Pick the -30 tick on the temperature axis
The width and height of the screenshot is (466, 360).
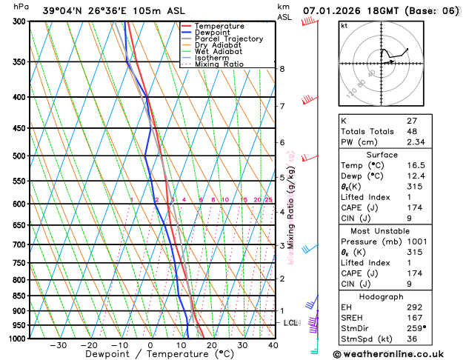tap(58, 345)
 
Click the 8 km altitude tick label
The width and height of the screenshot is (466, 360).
tap(282, 69)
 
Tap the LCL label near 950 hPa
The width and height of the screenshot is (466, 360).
tap(291, 323)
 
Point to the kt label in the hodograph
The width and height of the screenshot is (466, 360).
tap(344, 25)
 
